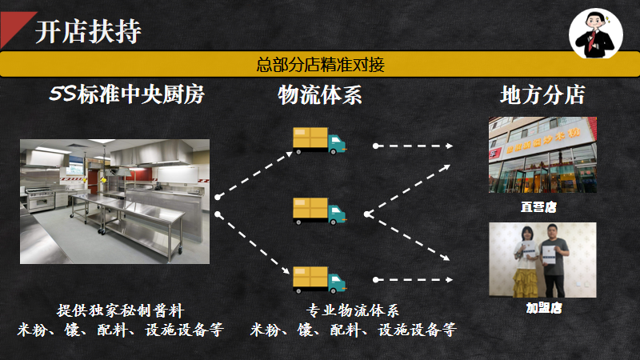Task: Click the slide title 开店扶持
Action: [x=88, y=32]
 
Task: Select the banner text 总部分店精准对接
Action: [x=320, y=64]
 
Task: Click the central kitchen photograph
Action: [x=114, y=202]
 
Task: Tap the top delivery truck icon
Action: [x=319, y=140]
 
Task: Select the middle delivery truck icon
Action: [x=319, y=210]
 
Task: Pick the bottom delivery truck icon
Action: [x=319, y=278]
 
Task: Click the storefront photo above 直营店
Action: [x=542, y=154]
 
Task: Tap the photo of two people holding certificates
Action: [x=542, y=259]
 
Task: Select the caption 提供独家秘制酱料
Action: [x=121, y=310]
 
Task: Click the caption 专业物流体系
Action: [x=352, y=310]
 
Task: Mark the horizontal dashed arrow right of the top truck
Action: [x=413, y=146]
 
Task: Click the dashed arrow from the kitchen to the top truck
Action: [x=251, y=171]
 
